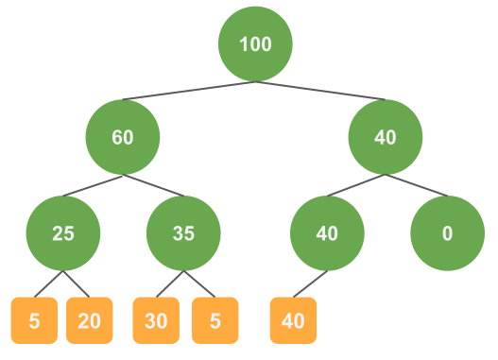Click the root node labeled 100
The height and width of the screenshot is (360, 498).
coord(255,44)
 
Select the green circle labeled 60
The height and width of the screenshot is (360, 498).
coord(122,137)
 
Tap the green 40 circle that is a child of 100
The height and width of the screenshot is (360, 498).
coord(385,137)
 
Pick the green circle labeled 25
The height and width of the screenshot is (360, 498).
coord(63,233)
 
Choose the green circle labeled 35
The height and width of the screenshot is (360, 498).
coord(184,233)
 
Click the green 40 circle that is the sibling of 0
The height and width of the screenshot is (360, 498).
coord(327,233)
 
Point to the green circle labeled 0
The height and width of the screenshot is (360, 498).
coord(447,233)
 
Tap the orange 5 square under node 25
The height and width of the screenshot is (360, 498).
coord(34,320)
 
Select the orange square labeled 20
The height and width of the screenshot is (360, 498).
coord(89,320)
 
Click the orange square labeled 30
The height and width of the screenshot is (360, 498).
coord(156,320)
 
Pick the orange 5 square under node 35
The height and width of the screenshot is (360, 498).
coord(215,320)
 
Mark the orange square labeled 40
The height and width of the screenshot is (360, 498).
coord(293,320)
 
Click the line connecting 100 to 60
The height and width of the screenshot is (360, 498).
coord(188,91)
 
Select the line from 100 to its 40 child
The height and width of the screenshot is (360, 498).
coord(320,91)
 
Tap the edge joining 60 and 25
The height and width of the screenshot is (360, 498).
coord(93,185)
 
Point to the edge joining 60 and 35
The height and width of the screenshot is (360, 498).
coord(153,185)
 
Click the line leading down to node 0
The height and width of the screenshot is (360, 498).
coord(416,185)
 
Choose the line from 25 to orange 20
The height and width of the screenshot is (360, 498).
coord(77,283)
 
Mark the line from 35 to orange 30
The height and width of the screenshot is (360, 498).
coord(170,283)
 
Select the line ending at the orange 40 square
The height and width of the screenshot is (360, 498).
coord(310,283)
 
